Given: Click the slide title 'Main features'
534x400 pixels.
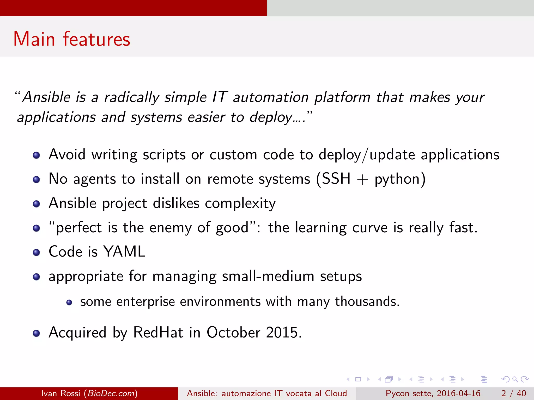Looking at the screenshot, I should click(x=72, y=39).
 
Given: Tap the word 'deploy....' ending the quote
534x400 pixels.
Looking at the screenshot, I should click(x=277, y=117).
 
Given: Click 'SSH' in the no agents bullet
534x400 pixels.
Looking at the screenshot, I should click(x=336, y=179).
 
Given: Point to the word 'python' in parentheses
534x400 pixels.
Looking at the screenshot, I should click(x=397, y=180).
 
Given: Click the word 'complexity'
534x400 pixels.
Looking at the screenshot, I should click(x=240, y=204).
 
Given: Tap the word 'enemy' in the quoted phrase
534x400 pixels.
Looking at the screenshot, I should click(x=171, y=228).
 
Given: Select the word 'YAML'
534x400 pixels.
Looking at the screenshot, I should click(x=124, y=252).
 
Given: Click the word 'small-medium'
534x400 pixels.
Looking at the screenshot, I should click(x=268, y=276).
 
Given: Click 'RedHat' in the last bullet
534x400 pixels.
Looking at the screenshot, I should click(x=158, y=333).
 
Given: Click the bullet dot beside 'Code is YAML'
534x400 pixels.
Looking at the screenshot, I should click(x=37, y=252).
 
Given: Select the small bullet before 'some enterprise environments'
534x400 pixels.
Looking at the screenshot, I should click(x=69, y=302).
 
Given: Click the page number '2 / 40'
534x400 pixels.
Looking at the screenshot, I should click(x=513, y=393).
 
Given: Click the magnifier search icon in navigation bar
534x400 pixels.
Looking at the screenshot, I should click(x=515, y=379).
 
